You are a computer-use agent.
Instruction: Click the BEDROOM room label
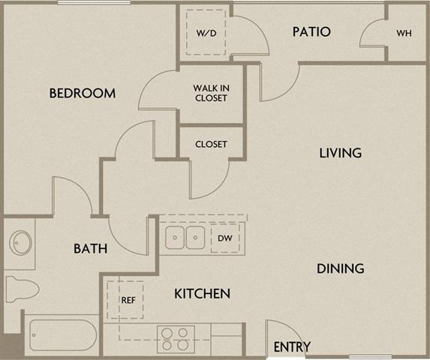point(83,94)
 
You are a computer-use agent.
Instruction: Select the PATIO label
point(311,32)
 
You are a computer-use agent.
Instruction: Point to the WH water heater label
point(404,34)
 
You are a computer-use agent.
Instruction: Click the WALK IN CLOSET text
point(210,92)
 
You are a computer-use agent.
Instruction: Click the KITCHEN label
point(202,293)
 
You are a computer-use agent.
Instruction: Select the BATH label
point(90,249)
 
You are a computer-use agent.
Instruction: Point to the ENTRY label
point(292,347)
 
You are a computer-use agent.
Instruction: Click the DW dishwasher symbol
point(224,238)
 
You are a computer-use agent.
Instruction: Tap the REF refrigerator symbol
point(127,299)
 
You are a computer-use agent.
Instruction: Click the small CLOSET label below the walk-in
point(211,144)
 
